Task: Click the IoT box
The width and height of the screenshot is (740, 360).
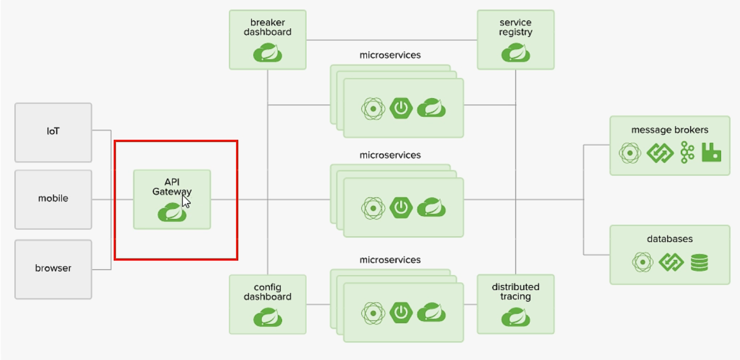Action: tap(53, 132)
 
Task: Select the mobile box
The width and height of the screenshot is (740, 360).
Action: tap(53, 199)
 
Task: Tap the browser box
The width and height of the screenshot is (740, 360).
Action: tap(53, 269)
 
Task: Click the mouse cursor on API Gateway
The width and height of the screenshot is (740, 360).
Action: tap(186, 201)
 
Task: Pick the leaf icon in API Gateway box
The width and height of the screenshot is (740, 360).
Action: tap(172, 212)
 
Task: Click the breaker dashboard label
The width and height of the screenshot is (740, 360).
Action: tap(267, 27)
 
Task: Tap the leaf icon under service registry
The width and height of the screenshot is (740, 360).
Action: tap(515, 53)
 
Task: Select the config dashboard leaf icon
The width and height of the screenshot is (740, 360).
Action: tap(267, 317)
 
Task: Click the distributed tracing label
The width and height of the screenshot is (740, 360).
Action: tap(515, 292)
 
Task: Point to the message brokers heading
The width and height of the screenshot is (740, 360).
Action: tap(669, 130)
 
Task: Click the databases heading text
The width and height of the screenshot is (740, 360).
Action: tap(669, 239)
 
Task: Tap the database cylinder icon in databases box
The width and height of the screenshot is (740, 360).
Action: tap(699, 263)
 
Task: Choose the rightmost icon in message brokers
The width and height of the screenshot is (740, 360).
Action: tap(711, 153)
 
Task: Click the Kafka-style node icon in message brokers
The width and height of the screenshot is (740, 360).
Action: tap(687, 153)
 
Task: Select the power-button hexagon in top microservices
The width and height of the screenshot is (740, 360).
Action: tap(401, 109)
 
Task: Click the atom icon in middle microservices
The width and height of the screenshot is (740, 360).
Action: tap(373, 208)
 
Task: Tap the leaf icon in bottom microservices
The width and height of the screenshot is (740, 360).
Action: tap(431, 312)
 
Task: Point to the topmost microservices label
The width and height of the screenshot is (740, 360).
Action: tap(390, 55)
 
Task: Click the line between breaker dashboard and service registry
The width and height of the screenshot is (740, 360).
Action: tap(391, 40)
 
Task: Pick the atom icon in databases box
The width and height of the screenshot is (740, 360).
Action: tap(642, 263)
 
